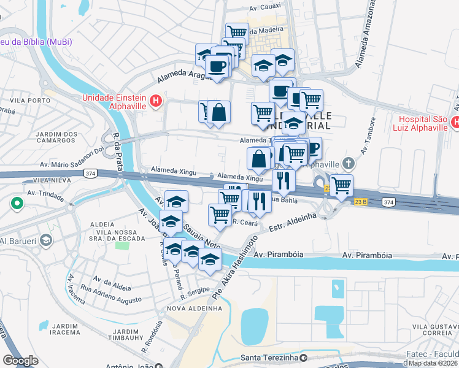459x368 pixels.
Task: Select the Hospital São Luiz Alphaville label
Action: (423, 123)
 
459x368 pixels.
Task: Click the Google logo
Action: (20, 360)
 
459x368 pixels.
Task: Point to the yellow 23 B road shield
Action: (360, 201)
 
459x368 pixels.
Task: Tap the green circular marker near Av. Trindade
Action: (17, 203)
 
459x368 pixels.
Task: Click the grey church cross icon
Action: (349, 163)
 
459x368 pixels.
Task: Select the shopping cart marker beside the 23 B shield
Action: (341, 184)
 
